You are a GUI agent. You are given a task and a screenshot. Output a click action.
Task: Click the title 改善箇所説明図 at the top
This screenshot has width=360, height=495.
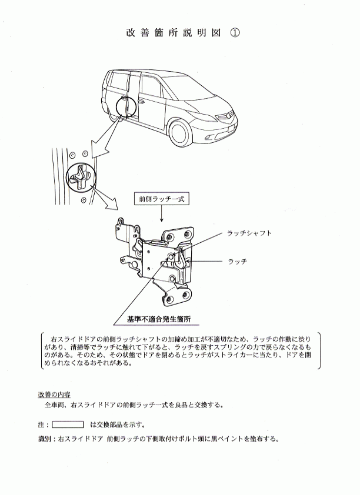pos(174,33)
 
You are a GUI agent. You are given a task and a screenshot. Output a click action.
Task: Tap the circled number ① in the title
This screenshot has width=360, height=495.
pos(235,33)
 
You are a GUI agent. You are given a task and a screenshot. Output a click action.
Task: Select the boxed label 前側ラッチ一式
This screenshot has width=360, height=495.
pos(161,199)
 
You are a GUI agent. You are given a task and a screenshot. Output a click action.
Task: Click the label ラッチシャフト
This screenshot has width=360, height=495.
pos(249,233)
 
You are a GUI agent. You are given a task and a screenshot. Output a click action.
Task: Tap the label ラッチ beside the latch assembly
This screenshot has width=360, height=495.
pos(237,262)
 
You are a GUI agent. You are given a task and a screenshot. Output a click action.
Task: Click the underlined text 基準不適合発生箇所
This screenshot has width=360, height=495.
pos(158,319)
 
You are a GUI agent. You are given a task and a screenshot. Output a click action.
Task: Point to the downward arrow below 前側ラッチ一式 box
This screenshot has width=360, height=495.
pos(162,214)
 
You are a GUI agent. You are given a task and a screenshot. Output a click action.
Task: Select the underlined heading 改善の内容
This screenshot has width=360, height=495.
pos(54,394)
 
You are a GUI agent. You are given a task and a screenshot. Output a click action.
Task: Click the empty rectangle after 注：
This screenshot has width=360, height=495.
pos(68,424)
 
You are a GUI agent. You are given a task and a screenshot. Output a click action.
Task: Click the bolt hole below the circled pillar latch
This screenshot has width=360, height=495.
pos(84,200)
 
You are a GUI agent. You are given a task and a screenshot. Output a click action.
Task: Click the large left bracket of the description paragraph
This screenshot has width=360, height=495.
pos(42,350)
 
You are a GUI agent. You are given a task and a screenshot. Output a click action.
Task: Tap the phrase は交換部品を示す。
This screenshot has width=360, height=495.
pos(118,425)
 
